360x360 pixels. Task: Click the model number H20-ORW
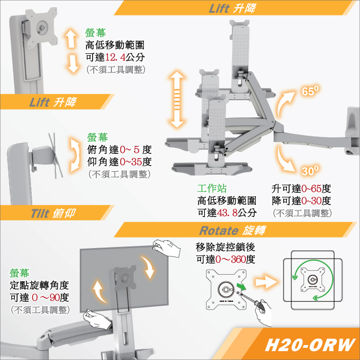pyautogui.click(x=310, y=344)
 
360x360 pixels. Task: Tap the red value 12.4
pyautogui.click(x=115, y=57)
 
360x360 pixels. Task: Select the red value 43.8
pyautogui.click(x=227, y=213)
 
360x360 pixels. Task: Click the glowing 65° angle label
pyautogui.click(x=310, y=91)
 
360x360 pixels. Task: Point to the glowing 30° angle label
pyautogui.click(x=310, y=171)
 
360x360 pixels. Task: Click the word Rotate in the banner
pyautogui.click(x=219, y=230)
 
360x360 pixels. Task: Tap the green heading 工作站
pyautogui.click(x=212, y=188)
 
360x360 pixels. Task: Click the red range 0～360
pyautogui.click(x=230, y=259)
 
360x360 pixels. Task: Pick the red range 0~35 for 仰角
pyautogui.click(x=130, y=162)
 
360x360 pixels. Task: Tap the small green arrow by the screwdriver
pyautogui.click(x=241, y=286)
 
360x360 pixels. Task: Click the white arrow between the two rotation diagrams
pyautogui.click(x=266, y=282)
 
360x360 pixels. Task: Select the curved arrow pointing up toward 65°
pyautogui.click(x=284, y=101)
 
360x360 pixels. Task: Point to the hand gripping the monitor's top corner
pyautogui.click(x=167, y=248)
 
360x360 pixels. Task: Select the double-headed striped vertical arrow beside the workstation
pyautogui.click(x=177, y=99)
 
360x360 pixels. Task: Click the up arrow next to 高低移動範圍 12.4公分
pyautogui.click(x=71, y=38)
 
